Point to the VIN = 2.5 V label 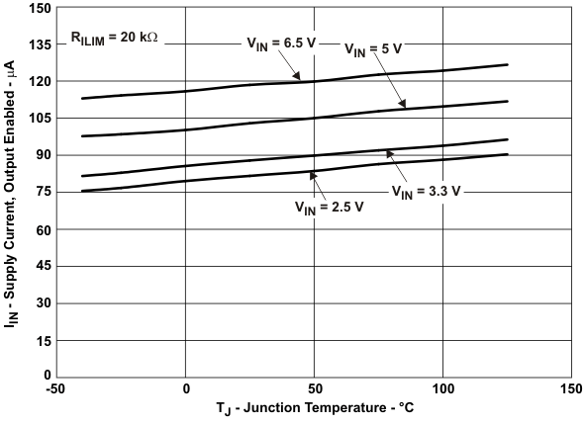(x=330, y=208)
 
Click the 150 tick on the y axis (x=38, y=8)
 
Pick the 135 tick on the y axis (x=38, y=44)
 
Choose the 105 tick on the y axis (x=38, y=118)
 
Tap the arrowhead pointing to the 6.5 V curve (x=298, y=78)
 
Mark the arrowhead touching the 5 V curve (x=403, y=106)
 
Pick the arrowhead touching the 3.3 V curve (x=388, y=151)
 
